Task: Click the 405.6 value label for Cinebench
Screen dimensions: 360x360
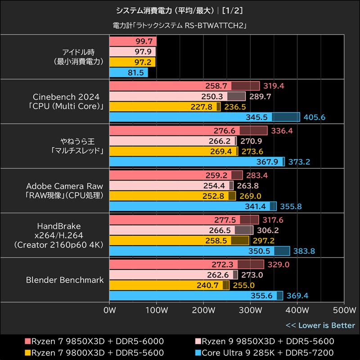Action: coord(315,117)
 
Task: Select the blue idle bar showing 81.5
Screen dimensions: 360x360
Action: coord(129,72)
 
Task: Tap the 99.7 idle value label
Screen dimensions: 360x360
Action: coord(144,41)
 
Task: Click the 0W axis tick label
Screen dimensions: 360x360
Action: coord(109,310)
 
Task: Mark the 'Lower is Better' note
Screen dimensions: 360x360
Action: coord(320,325)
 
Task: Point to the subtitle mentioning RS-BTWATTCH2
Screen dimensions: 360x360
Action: coord(180,26)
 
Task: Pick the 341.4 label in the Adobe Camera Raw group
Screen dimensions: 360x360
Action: coord(258,207)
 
